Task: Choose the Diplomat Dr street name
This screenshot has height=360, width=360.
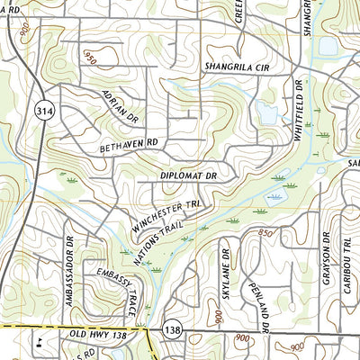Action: click(188, 176)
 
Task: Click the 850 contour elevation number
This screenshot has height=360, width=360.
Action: click(264, 232)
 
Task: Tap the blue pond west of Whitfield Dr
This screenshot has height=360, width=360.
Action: click(265, 112)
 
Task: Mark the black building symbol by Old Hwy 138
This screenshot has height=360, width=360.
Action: click(41, 341)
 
